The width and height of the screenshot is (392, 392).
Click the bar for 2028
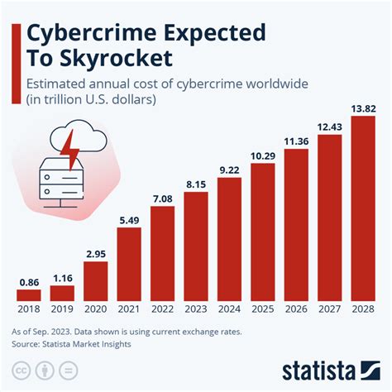pyautogui.click(x=364, y=208)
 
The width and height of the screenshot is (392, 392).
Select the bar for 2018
pyautogui.click(x=28, y=294)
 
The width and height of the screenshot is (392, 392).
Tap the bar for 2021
pyautogui.click(x=129, y=263)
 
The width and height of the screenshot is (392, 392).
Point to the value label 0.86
pyautogui.click(x=28, y=283)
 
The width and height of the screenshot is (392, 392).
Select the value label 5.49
pyautogui.click(x=129, y=220)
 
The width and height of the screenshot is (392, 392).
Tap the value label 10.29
pyautogui.click(x=263, y=155)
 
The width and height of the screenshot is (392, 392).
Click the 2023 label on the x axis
pyautogui.click(x=196, y=310)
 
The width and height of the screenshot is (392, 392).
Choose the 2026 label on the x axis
pyautogui.click(x=296, y=310)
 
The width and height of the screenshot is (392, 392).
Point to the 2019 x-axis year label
pyautogui.click(x=62, y=310)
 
